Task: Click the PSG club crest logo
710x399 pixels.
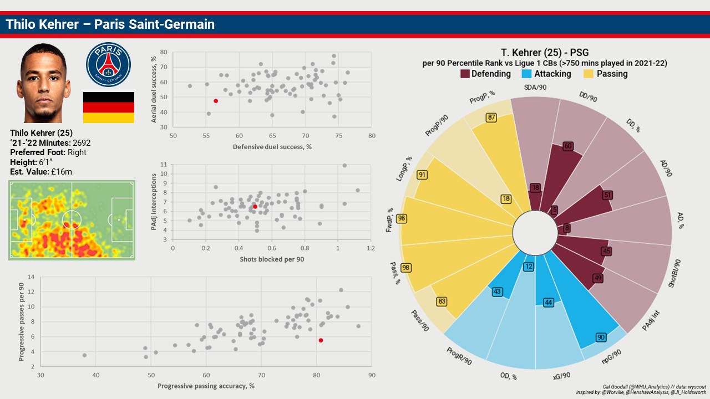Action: (108, 64)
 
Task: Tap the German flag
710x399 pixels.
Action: (108, 108)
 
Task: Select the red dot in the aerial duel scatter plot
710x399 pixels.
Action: (216, 101)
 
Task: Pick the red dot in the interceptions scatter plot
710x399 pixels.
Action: (255, 207)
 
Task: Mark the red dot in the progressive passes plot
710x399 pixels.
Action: (321, 340)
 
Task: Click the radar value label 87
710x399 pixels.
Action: (491, 117)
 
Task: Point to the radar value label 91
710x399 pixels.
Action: (423, 175)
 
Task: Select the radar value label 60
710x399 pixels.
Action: (567, 146)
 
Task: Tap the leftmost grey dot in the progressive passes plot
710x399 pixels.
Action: (84, 355)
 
